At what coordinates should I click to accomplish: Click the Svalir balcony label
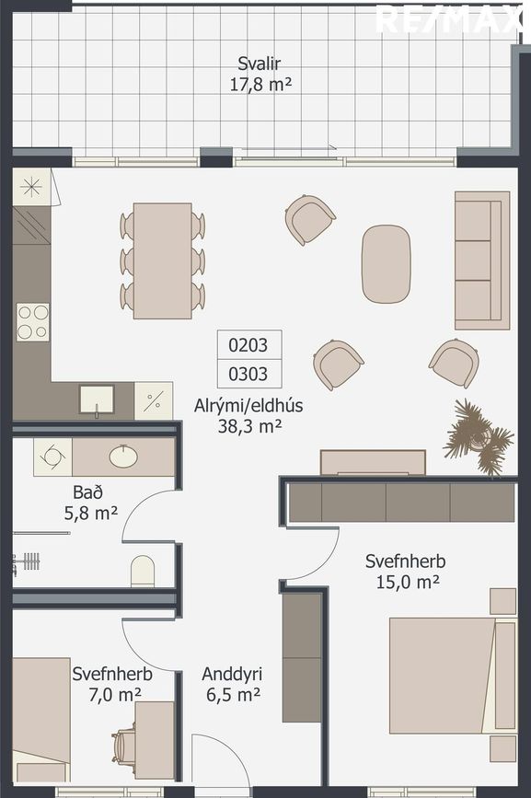(260, 64)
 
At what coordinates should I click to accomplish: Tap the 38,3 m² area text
(249, 426)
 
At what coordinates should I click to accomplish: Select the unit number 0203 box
(249, 345)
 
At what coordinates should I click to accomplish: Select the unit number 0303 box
(249, 374)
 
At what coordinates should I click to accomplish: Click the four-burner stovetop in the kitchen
(32, 321)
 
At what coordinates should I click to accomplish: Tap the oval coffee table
(386, 264)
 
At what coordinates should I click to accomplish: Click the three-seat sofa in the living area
(482, 260)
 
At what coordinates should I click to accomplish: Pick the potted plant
(479, 437)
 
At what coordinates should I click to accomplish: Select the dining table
(162, 260)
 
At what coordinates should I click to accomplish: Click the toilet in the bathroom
(143, 571)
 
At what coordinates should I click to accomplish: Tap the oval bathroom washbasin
(123, 457)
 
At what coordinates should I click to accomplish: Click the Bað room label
(88, 492)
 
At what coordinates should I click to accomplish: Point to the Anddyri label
(232, 674)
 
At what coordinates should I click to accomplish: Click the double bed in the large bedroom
(453, 676)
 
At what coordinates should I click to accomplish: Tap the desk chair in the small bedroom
(124, 746)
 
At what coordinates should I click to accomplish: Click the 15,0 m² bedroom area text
(408, 582)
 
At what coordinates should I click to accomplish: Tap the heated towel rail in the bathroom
(27, 562)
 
